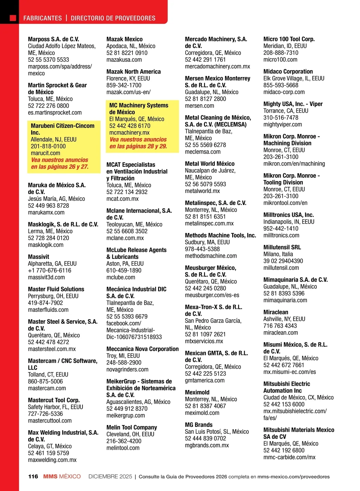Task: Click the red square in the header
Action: pos(13,18)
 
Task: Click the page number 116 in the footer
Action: pos(33,476)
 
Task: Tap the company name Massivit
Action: pos(38,257)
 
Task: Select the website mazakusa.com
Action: pos(124,60)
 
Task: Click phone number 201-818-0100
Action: pos(48,146)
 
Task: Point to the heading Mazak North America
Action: pos(133,72)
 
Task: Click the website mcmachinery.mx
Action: pos(129,132)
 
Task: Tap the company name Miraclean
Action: pos(276,312)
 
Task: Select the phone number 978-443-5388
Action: pos(202,249)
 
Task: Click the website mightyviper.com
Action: pos(283,124)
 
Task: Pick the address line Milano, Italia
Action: pos(278,254)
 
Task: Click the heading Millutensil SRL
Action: pos(282,247)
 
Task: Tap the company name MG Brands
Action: pos(199,425)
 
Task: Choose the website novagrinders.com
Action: pos(127,370)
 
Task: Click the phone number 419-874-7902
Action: pos(45,303)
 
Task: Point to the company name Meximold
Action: pos(197,392)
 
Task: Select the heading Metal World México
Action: pos(210,164)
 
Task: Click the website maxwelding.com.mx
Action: pos(52,460)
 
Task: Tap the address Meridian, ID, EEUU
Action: pos(285,46)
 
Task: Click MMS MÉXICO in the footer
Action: pos(62,476)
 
